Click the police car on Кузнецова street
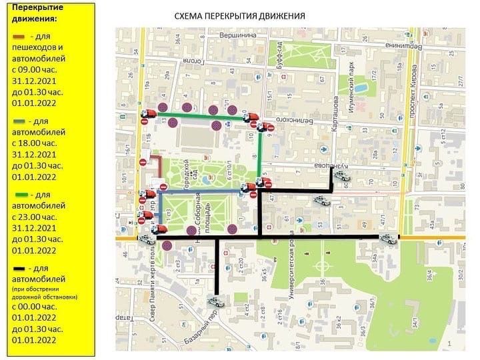[343, 177]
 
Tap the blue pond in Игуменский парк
[360, 87]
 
